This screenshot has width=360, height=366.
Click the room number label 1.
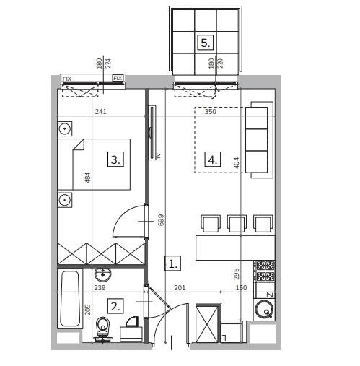tap(172, 263)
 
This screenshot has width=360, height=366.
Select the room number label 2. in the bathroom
tap(117, 305)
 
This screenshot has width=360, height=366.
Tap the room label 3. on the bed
tap(116, 160)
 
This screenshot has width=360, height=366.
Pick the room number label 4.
tap(212, 160)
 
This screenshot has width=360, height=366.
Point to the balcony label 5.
tap(206, 43)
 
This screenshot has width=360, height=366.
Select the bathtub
tap(69, 299)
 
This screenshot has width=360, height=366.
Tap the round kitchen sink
tap(265, 311)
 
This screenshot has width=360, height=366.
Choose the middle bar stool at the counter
tap(237, 224)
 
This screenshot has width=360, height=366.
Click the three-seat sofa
tap(258, 141)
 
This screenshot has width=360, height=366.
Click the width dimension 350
tap(210, 112)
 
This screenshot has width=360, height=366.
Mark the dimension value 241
tap(102, 112)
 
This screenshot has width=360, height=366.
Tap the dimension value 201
tap(180, 289)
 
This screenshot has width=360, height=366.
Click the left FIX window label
tap(67, 78)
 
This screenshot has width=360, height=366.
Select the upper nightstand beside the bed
tap(65, 128)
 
